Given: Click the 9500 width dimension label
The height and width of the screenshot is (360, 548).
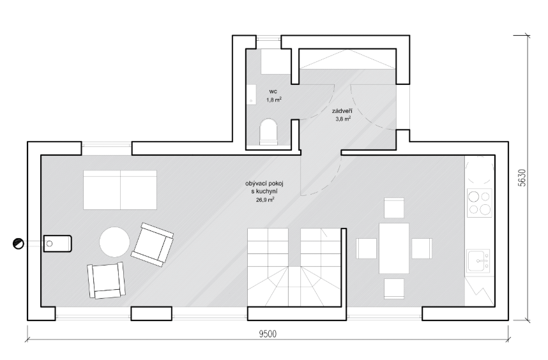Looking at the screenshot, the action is pos(268,334).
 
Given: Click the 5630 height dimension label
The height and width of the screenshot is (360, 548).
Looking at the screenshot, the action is pos(522,177).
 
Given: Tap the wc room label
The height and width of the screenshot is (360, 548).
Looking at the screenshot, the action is pos(273,91).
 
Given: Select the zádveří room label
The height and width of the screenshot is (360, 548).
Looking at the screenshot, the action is pos(342,111).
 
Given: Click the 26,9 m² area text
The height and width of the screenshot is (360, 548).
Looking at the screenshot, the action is pos(264,200).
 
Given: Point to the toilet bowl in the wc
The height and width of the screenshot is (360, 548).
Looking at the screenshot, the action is pos(269,132).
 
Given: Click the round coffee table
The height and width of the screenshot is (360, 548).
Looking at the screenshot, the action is pos(114,242).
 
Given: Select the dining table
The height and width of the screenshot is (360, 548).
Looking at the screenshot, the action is pos(394,248).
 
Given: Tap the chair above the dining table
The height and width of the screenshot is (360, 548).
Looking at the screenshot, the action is pos(394,207).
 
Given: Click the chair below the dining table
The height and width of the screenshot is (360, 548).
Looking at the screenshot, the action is pos(394,289).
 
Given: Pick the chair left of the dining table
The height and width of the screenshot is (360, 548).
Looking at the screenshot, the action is pos(366,248).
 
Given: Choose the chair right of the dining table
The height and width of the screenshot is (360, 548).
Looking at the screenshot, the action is pos(422,248).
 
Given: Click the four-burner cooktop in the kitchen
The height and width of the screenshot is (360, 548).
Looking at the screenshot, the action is pos(480,203).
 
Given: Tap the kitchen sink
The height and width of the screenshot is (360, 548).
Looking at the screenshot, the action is pos(479,260).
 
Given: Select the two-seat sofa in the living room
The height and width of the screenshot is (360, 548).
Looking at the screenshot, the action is pos(120,190).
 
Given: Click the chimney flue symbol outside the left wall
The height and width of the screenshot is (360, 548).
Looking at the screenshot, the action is pos(18,243).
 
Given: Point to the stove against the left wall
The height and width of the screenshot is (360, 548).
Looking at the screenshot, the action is pos(57,243).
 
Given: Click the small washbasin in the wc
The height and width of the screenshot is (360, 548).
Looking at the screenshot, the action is pos(251,94).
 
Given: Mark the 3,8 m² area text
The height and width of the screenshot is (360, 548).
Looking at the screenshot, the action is pos(343,119).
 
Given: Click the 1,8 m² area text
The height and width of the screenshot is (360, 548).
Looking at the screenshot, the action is pos(274,100).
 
